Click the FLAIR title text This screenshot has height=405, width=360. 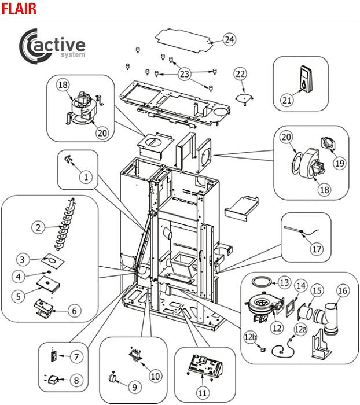coord(19,8)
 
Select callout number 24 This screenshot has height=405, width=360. coord(230,40)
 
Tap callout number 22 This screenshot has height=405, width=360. coord(240,74)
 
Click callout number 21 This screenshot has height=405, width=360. coord(287,101)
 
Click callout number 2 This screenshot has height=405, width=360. coord(38,227)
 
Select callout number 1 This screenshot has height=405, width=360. coord(86,177)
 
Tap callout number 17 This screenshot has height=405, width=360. coord(316,250)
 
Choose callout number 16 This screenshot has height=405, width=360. coord(343,291)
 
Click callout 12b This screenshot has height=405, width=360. coord(250,337)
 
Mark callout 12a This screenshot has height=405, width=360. coord(300,330)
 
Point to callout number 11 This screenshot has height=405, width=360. coord(202,393)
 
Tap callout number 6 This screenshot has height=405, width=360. coord(74,310)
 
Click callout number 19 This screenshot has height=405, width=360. coord(340,164)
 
